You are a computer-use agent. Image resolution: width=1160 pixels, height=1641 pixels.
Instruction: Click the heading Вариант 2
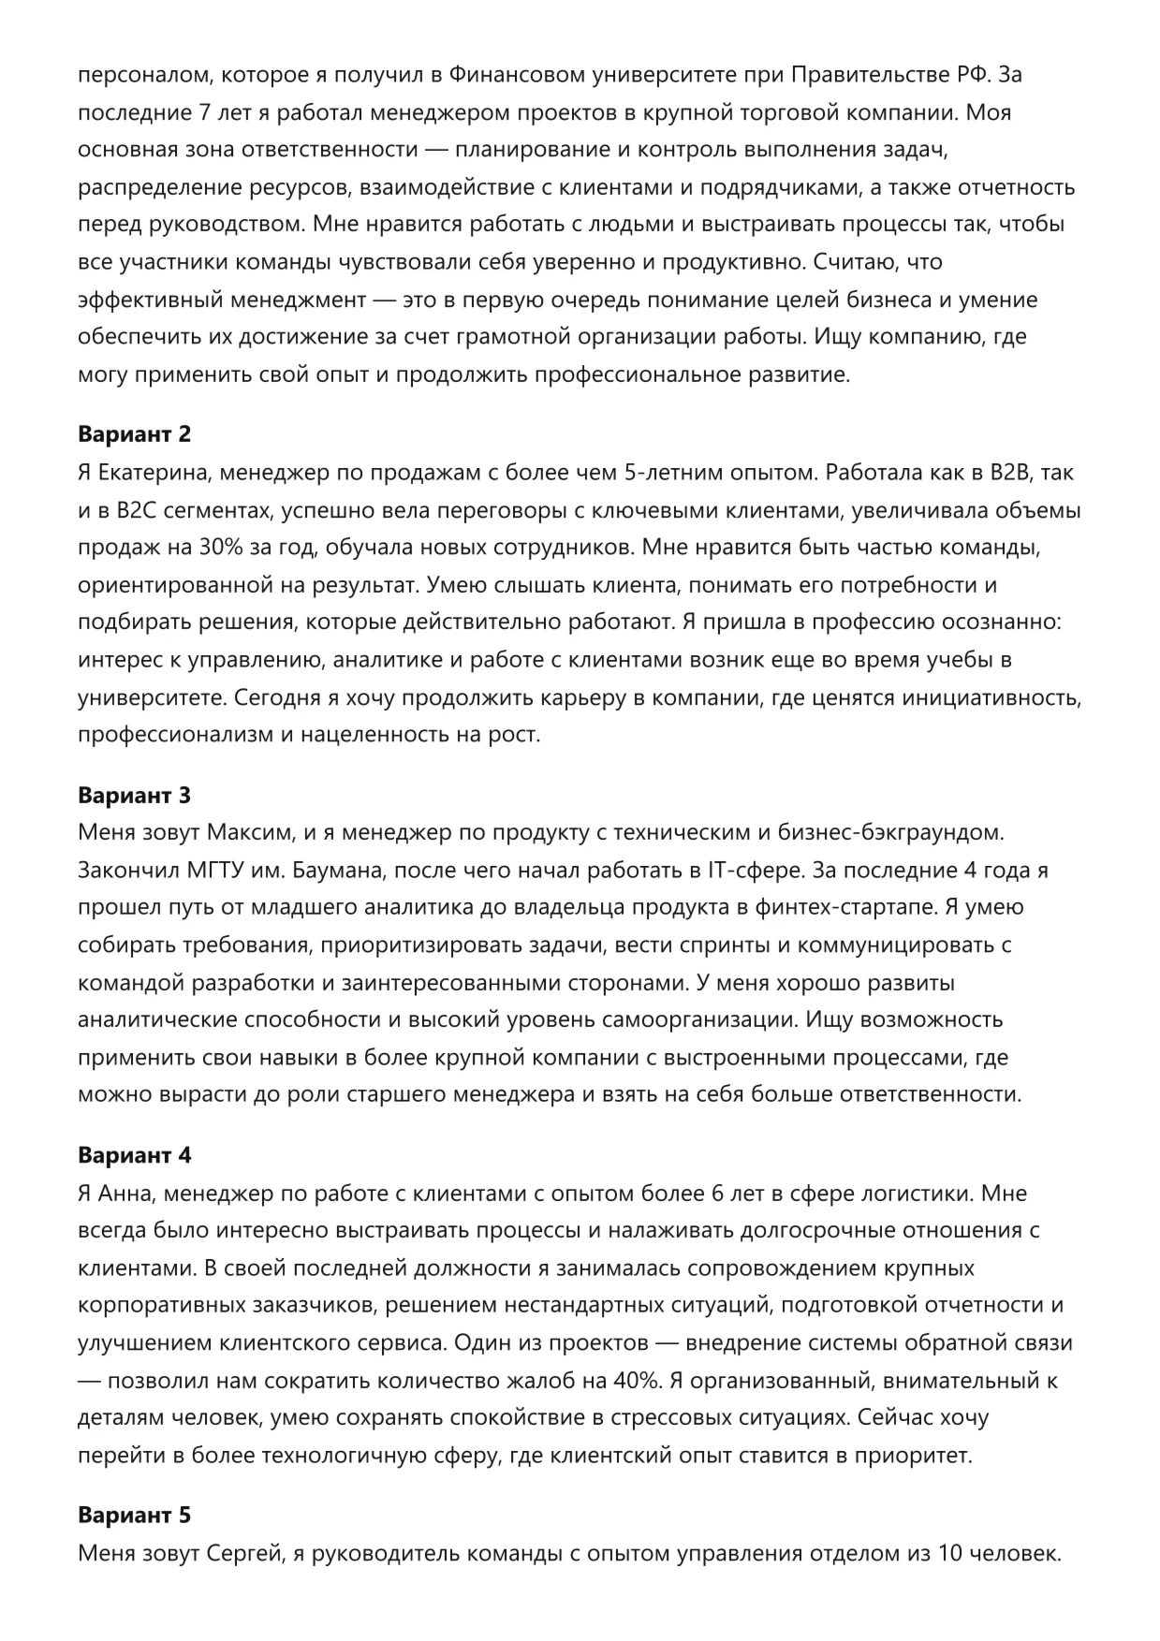tap(134, 434)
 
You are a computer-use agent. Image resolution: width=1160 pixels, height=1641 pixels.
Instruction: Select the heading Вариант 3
tap(134, 795)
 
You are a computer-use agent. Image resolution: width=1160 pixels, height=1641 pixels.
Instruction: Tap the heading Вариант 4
tap(134, 1155)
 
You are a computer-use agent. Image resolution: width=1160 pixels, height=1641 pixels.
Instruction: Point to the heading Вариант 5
tap(134, 1516)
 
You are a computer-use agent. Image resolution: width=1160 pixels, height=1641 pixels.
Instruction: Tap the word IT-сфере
tap(749, 870)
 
